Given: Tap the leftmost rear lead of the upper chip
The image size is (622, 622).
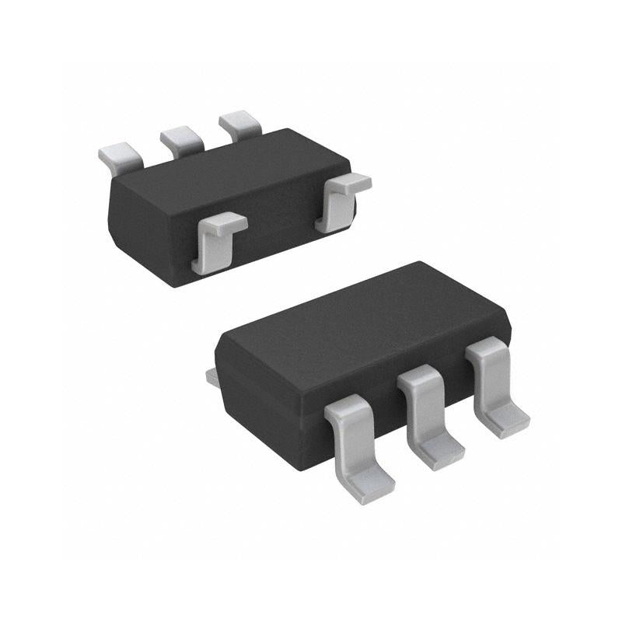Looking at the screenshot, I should [120, 152].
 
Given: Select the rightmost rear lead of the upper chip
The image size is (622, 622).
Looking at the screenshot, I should [239, 124].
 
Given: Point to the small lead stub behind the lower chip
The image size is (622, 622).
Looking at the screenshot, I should [211, 376].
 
